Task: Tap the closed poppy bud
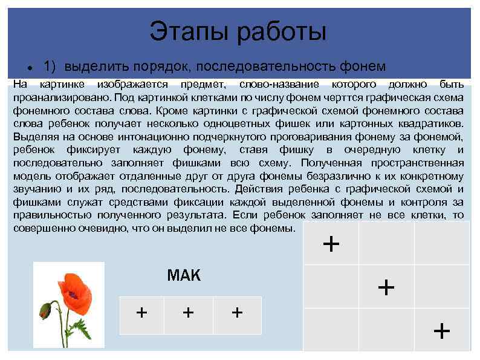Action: pyautogui.click(x=44, y=311)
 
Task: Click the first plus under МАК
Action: pyautogui.click(x=142, y=312)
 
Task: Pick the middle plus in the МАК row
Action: pyautogui.click(x=189, y=312)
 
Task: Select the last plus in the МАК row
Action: pyautogui.click(x=237, y=312)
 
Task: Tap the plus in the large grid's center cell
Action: pyautogui.click(x=386, y=286)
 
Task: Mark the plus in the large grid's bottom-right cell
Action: pyautogui.click(x=442, y=330)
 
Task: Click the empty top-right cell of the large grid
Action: pyautogui.click(x=441, y=243)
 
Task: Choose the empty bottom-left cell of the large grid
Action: pyautogui.click(x=331, y=330)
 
